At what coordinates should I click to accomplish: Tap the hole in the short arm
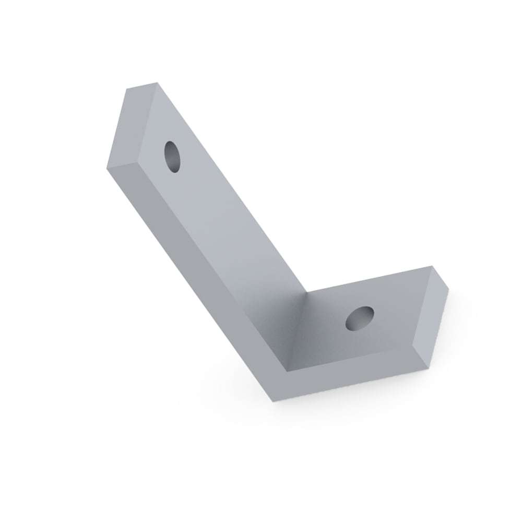(x=360, y=318)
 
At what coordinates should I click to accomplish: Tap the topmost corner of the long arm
(x=157, y=82)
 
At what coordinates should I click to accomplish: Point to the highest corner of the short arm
(x=433, y=267)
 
